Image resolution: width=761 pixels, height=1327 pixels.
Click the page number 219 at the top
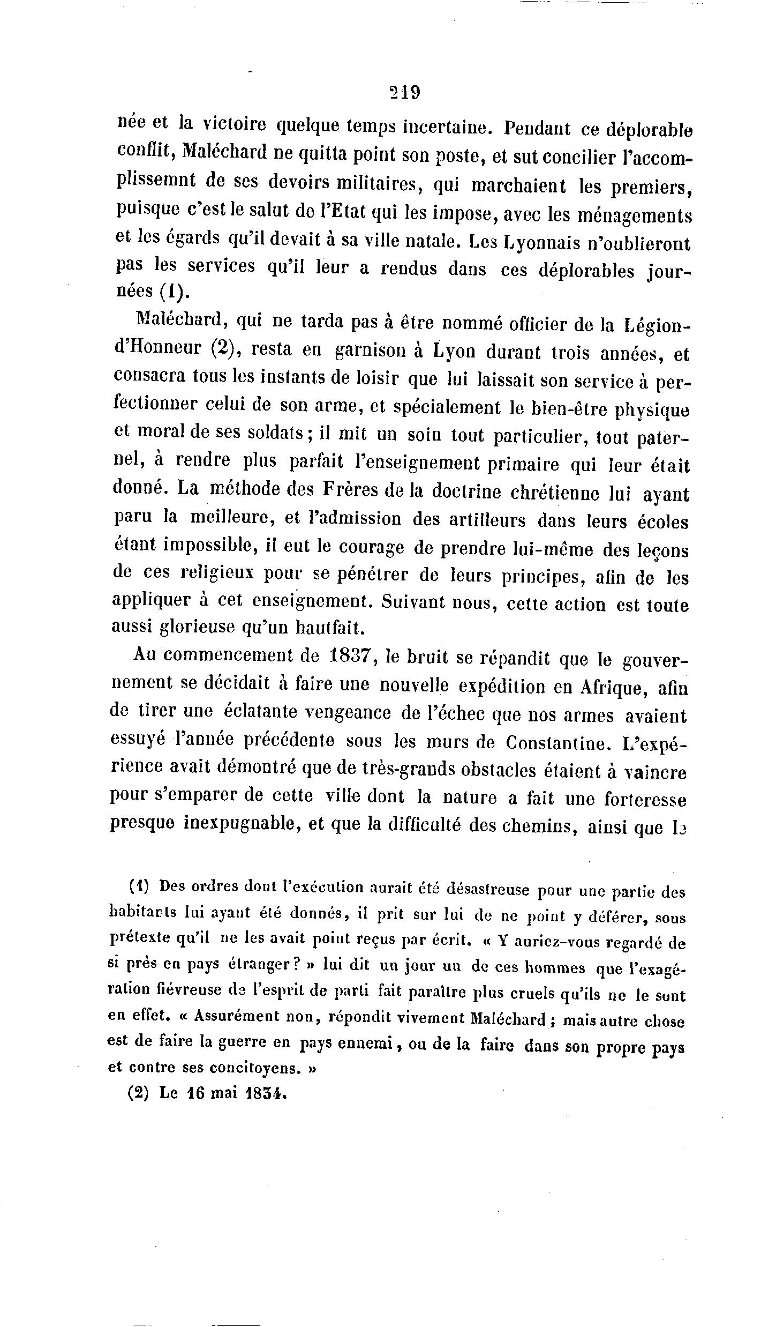(x=405, y=92)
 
